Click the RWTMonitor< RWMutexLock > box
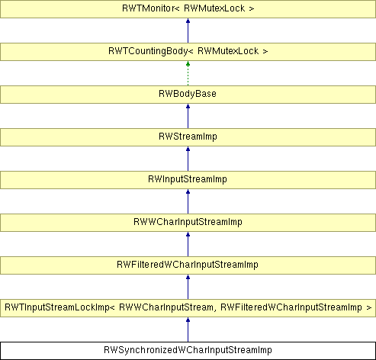(188, 9)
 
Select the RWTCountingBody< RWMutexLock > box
(188, 52)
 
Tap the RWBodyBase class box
(188, 95)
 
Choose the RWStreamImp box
(188, 137)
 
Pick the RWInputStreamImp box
(188, 180)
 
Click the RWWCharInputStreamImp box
(188, 223)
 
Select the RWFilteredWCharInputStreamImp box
(188, 265)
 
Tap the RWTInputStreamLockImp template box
(188, 308)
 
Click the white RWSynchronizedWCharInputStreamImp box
(188, 351)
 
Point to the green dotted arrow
(188, 73)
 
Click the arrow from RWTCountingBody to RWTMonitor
(188, 31)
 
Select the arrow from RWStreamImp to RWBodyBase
(188, 116)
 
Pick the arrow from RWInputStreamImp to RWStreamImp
(188, 159)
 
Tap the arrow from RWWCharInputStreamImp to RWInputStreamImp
(188, 201)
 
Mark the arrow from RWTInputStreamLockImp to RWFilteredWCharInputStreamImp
(188, 287)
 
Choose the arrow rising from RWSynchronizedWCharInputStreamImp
(188, 329)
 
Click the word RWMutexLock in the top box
(214, 8)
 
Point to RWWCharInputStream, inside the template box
(166, 307)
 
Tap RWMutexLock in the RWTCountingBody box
(228, 51)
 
